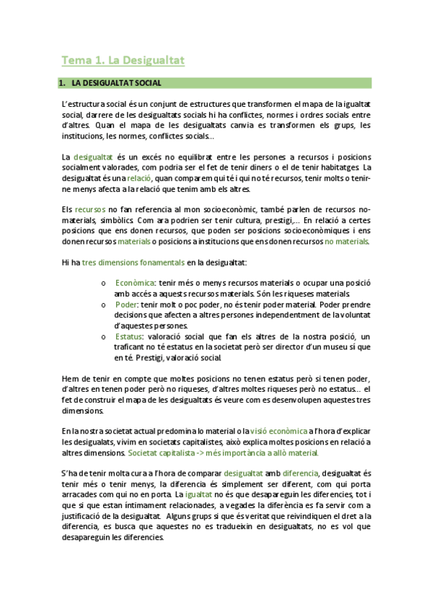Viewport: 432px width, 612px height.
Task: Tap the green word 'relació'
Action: point(139,178)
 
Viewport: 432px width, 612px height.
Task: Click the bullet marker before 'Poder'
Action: point(105,305)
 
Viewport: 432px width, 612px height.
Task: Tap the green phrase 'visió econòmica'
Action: point(286,431)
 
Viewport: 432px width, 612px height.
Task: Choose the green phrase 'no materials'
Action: point(347,241)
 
